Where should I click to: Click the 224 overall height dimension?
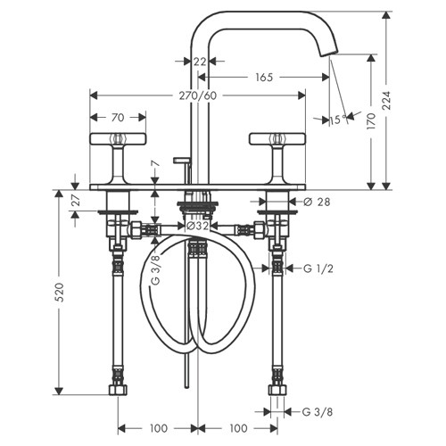point(386,101)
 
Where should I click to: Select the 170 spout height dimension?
point(371,121)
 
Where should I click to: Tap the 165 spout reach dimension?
point(264,78)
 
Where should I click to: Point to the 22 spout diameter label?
point(200,62)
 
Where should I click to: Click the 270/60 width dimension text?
point(198,95)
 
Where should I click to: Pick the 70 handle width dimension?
point(118,118)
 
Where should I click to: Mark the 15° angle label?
point(338,120)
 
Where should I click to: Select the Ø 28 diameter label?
point(317,202)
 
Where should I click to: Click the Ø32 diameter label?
point(197,227)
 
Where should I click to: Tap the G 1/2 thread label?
point(318,268)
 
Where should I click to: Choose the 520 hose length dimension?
point(60,293)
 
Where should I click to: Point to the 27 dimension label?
point(77,201)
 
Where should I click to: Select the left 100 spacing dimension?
point(159,428)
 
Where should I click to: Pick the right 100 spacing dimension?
point(238,428)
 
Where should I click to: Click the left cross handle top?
point(118,139)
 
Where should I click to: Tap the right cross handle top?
point(277,139)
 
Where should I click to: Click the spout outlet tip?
point(329,54)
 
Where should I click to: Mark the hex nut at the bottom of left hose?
point(118,390)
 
